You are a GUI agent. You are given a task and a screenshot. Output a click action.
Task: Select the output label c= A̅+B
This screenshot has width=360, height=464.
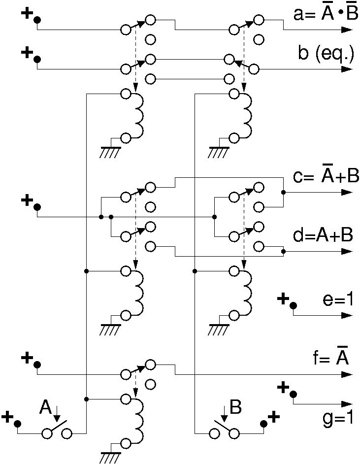[326, 175]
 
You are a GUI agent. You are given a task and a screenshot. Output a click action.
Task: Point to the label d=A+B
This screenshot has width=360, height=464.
[323, 235]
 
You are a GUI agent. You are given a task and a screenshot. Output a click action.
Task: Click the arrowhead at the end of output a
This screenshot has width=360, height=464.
[347, 30]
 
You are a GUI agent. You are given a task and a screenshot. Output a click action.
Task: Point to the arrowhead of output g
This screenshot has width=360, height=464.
[347, 404]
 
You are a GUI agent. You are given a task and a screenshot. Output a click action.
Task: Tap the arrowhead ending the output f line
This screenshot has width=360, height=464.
[347, 375]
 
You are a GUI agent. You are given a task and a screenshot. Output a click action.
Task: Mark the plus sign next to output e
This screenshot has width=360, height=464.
[283, 298]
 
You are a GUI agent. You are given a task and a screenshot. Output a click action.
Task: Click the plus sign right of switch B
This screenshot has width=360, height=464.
[274, 417]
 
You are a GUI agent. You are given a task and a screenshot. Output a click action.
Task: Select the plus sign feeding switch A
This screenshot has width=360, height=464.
[8, 417]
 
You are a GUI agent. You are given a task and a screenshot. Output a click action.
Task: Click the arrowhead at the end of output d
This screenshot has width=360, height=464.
[347, 252]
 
